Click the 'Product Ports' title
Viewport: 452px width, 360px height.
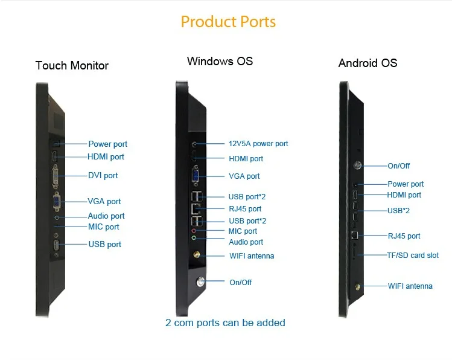click(x=228, y=22)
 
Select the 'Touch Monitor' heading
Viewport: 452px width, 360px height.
click(x=72, y=65)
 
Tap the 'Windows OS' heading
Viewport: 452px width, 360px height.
click(x=220, y=61)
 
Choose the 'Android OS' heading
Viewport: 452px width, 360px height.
click(x=368, y=63)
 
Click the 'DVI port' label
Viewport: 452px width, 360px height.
click(x=103, y=176)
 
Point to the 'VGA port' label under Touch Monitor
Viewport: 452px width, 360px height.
click(x=104, y=202)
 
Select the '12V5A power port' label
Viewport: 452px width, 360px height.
click(x=258, y=144)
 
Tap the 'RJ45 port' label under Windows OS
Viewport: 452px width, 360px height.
click(x=245, y=209)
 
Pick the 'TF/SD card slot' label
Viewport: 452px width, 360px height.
click(x=413, y=256)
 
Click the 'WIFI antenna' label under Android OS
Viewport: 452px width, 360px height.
click(x=410, y=286)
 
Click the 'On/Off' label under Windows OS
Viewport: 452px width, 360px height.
click(x=240, y=282)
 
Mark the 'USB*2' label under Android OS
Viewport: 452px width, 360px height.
click(x=398, y=211)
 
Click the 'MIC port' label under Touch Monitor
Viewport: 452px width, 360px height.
click(x=104, y=227)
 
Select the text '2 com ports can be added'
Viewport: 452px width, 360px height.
click(x=225, y=323)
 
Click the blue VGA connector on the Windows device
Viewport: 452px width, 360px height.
click(x=196, y=176)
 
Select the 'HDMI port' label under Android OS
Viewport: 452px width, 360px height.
click(x=404, y=195)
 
